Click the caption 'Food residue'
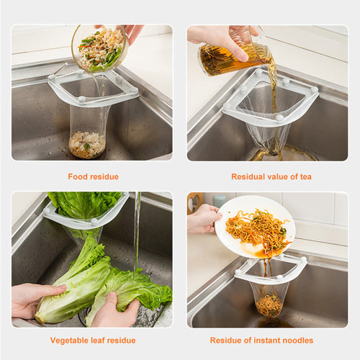click(93, 176)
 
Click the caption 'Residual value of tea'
click(271, 176)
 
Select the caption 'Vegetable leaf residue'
click(92, 340)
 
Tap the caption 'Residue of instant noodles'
click(271, 340)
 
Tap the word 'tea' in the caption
click(305, 176)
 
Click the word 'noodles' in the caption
click(316, 340)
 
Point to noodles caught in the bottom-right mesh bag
click(269, 304)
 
